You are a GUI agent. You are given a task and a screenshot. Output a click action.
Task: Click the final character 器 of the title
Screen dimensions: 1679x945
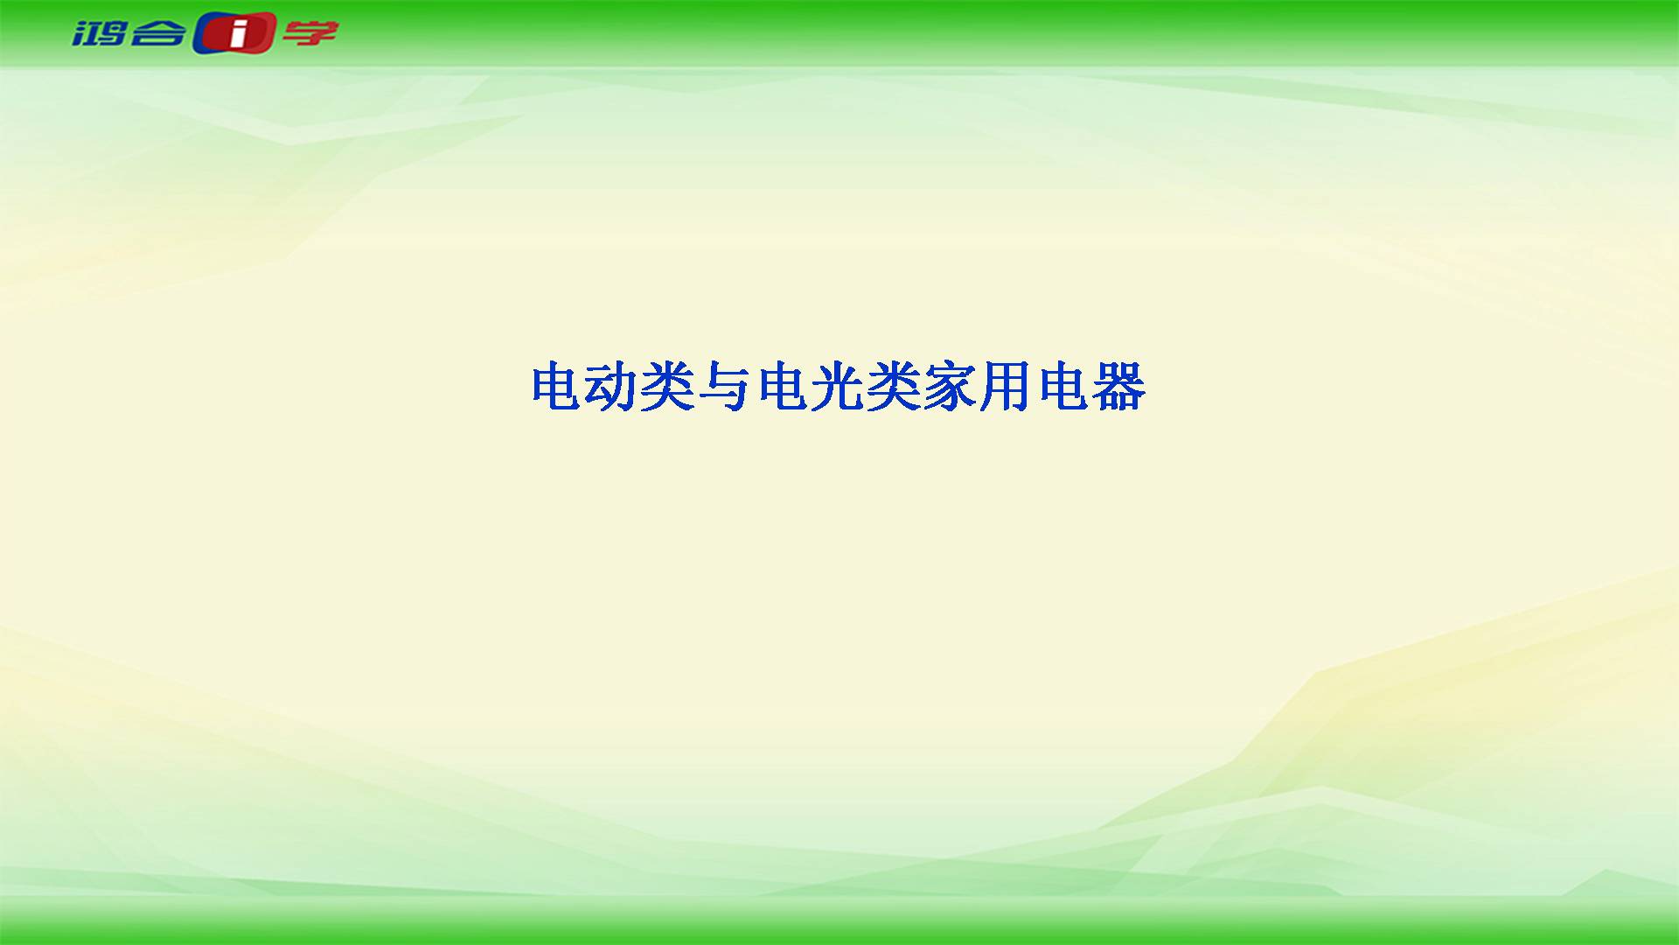pos(1118,387)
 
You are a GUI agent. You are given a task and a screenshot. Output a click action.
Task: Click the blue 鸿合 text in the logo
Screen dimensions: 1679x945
pos(129,34)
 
